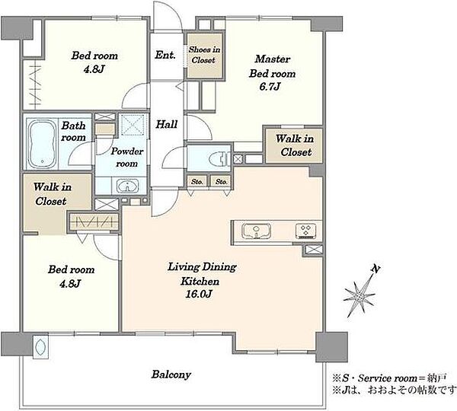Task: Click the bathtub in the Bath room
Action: point(42,144)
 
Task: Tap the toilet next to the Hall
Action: point(219,159)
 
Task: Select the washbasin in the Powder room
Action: point(128,186)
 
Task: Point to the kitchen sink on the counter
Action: point(257,231)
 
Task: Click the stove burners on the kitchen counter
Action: point(306,231)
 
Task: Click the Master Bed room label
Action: point(272,66)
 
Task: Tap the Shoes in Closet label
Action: point(204,55)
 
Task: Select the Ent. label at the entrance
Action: point(165,55)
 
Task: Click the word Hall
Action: point(166,124)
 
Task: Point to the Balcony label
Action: point(171,374)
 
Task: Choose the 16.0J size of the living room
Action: point(199,295)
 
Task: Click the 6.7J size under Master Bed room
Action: point(270,87)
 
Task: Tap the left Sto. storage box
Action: point(197,181)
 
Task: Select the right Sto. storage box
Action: point(222,181)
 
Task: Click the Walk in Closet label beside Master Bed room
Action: point(295,145)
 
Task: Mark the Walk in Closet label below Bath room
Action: point(52,194)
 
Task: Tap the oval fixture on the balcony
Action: point(40,346)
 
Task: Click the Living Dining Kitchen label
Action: point(203,274)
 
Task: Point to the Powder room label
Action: point(127,158)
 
